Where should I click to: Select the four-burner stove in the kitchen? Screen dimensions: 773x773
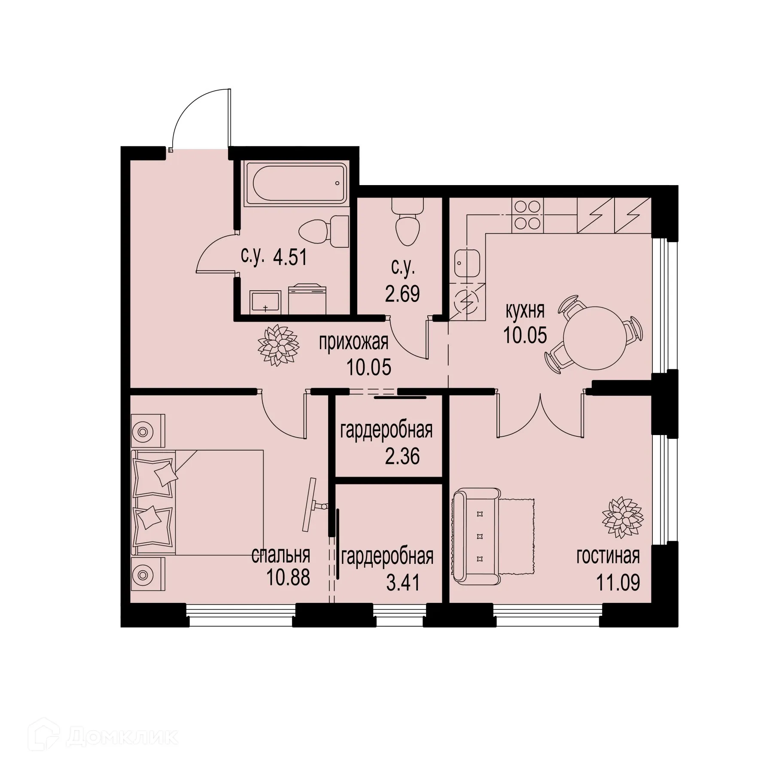[526, 215]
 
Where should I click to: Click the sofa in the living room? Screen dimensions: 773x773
[477, 537]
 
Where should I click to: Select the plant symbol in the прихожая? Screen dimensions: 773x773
[278, 345]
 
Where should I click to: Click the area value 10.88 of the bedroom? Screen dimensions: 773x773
[288, 578]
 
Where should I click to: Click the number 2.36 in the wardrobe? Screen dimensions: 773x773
[402, 456]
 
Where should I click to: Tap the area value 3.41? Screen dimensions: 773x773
[402, 583]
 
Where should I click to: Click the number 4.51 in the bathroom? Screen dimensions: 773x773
[291, 258]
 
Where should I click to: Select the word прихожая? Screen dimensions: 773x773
[353, 343]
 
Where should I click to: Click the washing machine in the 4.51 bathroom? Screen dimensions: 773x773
[307, 298]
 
